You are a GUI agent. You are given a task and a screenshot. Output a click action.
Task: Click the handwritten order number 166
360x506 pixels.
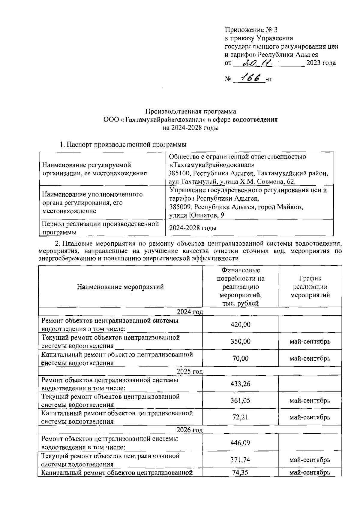click(x=249, y=78)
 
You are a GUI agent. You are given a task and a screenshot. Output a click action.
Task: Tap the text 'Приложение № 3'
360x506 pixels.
click(x=251, y=30)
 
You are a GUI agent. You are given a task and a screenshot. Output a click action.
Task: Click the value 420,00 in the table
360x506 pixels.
click(x=240, y=324)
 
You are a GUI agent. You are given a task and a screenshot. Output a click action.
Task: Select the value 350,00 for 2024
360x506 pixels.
click(x=240, y=341)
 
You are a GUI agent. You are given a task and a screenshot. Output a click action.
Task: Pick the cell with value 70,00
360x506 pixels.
click(x=240, y=358)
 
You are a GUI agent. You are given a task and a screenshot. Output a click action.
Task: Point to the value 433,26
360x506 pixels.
click(x=240, y=384)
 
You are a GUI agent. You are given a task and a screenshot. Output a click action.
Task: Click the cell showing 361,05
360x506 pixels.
click(x=240, y=401)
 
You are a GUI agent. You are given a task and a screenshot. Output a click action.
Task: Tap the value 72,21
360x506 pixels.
click(x=240, y=417)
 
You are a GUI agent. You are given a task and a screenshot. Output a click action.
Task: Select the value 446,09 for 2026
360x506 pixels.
click(x=240, y=443)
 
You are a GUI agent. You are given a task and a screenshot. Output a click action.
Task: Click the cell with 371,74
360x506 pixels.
click(x=240, y=460)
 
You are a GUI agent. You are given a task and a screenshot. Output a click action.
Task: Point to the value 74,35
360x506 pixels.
click(x=240, y=473)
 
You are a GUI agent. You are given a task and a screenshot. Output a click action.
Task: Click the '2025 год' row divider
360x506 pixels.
click(x=190, y=371)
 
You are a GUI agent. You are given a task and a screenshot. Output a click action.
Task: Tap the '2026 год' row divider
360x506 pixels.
click(x=190, y=430)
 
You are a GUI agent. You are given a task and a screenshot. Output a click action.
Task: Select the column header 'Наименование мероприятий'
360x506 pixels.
click(x=120, y=287)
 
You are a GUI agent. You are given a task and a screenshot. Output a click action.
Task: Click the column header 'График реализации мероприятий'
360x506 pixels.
click(x=310, y=287)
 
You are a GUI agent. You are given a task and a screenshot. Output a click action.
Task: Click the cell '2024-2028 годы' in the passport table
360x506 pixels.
click(x=193, y=228)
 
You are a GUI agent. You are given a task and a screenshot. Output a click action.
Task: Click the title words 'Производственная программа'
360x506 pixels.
click(x=190, y=111)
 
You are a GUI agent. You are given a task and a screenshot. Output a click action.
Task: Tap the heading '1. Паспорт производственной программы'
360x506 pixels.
click(x=123, y=145)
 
